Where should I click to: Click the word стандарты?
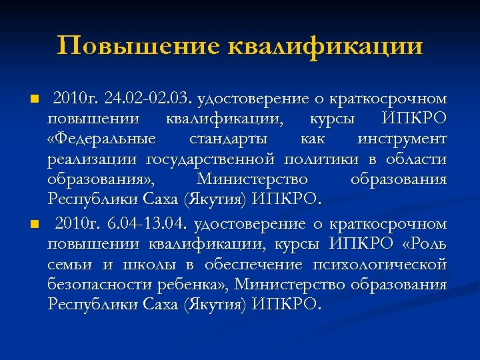[x=228, y=139]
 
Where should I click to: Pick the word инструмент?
[x=402, y=139]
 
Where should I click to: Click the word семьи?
[x=69, y=265]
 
